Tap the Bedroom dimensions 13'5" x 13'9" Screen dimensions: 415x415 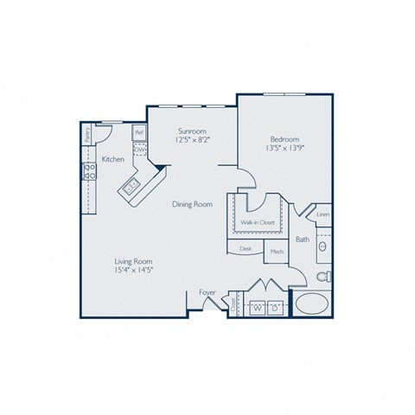[x=284, y=149]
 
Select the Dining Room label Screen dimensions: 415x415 [x=193, y=204]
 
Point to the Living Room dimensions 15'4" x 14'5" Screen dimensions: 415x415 [x=135, y=270]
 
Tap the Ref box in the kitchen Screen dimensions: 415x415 [x=138, y=133]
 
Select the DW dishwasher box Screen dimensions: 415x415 [x=138, y=148]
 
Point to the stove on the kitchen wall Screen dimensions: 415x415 [x=87, y=171]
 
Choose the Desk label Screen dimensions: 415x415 [x=246, y=248]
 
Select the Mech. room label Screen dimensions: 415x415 [x=277, y=252]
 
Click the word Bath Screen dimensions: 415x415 [x=303, y=239]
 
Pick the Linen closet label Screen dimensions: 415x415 [x=322, y=214]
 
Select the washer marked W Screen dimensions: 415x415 [x=257, y=307]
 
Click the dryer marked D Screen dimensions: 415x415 [x=275, y=307]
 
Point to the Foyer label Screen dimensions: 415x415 [x=207, y=292]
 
